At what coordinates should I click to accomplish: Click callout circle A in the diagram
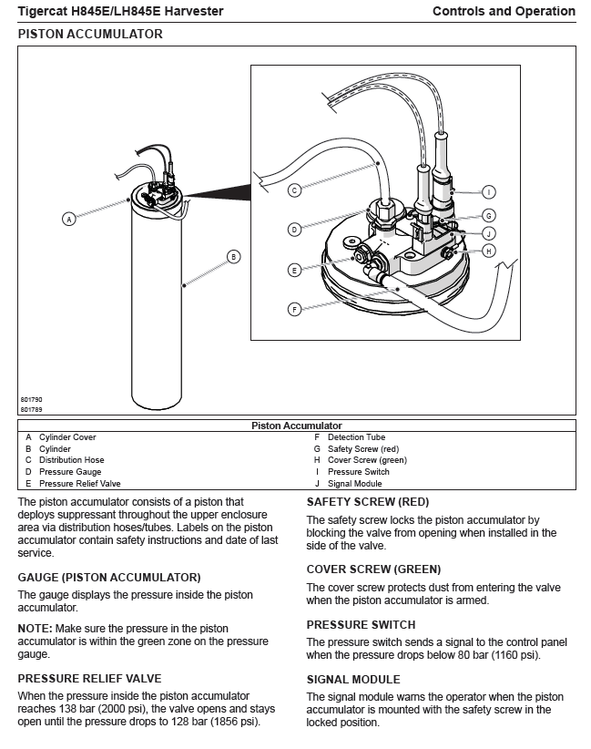tap(68, 219)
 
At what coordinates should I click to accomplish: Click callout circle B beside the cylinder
tap(233, 256)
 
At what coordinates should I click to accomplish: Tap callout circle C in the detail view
tap(294, 190)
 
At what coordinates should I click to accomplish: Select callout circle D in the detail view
tap(294, 230)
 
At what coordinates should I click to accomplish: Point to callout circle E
tap(294, 270)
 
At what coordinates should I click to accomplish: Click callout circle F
tap(294, 310)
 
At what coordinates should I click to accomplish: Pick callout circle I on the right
tap(489, 192)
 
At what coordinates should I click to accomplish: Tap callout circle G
tap(489, 216)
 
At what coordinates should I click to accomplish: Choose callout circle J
tap(489, 233)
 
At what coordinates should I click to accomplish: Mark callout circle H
tap(489, 251)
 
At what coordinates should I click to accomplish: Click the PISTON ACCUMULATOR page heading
tap(90, 34)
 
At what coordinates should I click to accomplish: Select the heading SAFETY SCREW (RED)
tap(367, 502)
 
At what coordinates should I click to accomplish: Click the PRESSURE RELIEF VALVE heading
tap(89, 678)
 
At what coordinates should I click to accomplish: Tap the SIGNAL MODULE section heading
tap(353, 679)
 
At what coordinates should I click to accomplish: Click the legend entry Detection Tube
tap(356, 437)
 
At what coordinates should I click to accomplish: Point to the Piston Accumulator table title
tap(296, 426)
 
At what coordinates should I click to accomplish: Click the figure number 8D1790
tap(31, 399)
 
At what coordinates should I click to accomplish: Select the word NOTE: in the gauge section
tap(34, 629)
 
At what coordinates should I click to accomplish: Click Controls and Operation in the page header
tap(504, 12)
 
